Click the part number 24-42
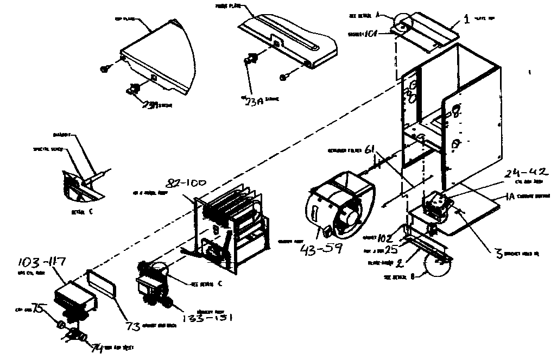tap(527, 174)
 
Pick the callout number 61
tap(370, 149)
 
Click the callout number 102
tap(385, 237)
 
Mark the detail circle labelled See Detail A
tap(402, 22)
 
